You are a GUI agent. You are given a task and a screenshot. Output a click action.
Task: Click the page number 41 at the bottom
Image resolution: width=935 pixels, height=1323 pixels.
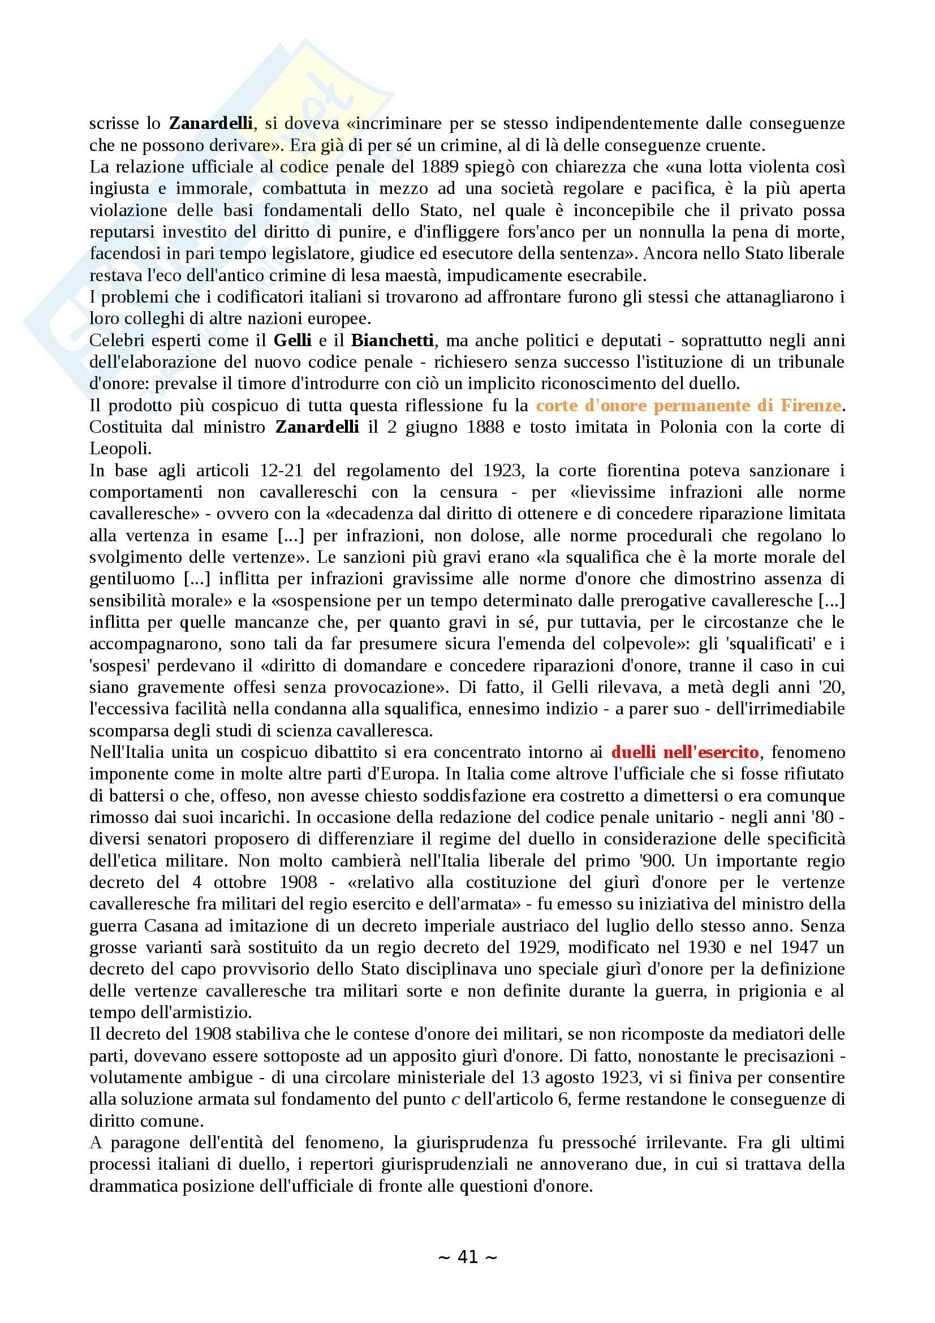[467, 1257]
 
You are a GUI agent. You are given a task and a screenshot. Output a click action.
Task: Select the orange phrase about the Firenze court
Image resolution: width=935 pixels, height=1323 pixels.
[688, 405]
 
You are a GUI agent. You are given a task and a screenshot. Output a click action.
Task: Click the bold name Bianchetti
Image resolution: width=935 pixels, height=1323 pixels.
[392, 340]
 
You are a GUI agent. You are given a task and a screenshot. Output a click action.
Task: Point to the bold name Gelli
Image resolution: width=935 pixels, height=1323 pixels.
[292, 340]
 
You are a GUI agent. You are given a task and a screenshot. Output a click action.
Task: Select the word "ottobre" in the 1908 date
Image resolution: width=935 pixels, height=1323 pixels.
[244, 882]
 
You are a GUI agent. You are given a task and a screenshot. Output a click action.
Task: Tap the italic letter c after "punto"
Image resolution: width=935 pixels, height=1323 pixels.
[455, 1099]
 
